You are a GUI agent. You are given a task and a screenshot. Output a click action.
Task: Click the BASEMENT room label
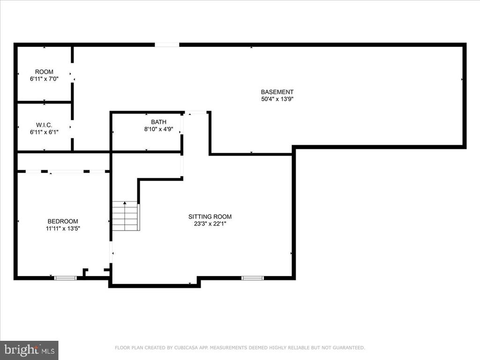click(277, 92)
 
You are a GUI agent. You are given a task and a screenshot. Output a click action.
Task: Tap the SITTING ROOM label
click(210, 217)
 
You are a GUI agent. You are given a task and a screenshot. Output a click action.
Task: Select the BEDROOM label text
click(63, 221)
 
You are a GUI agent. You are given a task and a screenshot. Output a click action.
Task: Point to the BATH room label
click(158, 122)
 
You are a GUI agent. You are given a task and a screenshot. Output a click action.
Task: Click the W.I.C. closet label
click(44, 125)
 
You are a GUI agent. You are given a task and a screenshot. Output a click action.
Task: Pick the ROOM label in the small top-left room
click(44, 72)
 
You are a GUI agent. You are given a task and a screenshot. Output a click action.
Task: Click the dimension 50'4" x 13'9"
click(277, 99)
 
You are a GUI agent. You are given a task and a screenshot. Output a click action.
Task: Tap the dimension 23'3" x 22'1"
click(210, 224)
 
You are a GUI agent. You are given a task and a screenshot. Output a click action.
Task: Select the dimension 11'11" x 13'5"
click(63, 228)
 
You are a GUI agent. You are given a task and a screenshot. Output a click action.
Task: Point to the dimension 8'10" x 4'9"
click(158, 129)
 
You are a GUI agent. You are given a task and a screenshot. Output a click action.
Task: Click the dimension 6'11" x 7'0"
click(44, 79)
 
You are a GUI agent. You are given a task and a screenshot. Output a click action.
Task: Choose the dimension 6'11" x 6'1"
click(44, 132)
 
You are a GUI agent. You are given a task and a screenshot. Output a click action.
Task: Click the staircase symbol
click(126, 216)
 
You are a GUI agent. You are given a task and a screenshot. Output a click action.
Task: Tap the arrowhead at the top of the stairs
click(125, 202)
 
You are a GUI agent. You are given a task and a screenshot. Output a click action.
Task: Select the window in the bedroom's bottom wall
click(65, 278)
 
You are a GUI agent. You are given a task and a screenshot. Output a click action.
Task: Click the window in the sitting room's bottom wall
click(253, 278)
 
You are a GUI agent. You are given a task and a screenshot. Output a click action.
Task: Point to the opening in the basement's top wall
click(167, 45)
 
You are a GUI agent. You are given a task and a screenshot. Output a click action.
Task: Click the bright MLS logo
click(29, 350)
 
